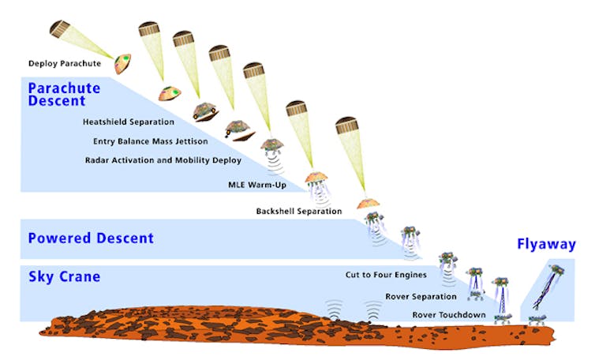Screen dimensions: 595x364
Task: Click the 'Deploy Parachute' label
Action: coord(65,63)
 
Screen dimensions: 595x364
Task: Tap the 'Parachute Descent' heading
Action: coord(64,94)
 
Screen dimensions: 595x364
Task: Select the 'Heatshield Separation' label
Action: coord(129,122)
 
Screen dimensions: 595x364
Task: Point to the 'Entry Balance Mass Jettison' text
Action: coord(150,141)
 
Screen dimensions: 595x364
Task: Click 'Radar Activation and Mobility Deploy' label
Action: coord(163,160)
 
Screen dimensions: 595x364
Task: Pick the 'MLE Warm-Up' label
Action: coord(257,185)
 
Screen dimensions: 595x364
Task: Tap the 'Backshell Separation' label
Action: coord(298,211)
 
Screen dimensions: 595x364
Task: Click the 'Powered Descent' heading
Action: coord(91,238)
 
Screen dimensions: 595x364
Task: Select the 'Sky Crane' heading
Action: coord(64,276)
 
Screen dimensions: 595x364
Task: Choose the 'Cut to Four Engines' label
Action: coord(386,275)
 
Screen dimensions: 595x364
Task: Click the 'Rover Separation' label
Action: coord(421,296)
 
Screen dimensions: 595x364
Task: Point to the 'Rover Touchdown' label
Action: coord(449,315)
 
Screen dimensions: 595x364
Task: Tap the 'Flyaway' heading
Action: coord(546,244)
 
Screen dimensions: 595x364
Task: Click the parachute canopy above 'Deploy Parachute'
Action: coord(59,29)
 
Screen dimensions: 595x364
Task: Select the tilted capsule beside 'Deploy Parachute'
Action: coord(123,64)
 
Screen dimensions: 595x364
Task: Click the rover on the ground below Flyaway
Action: coord(537,320)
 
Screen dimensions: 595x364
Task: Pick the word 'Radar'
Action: coord(95,160)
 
